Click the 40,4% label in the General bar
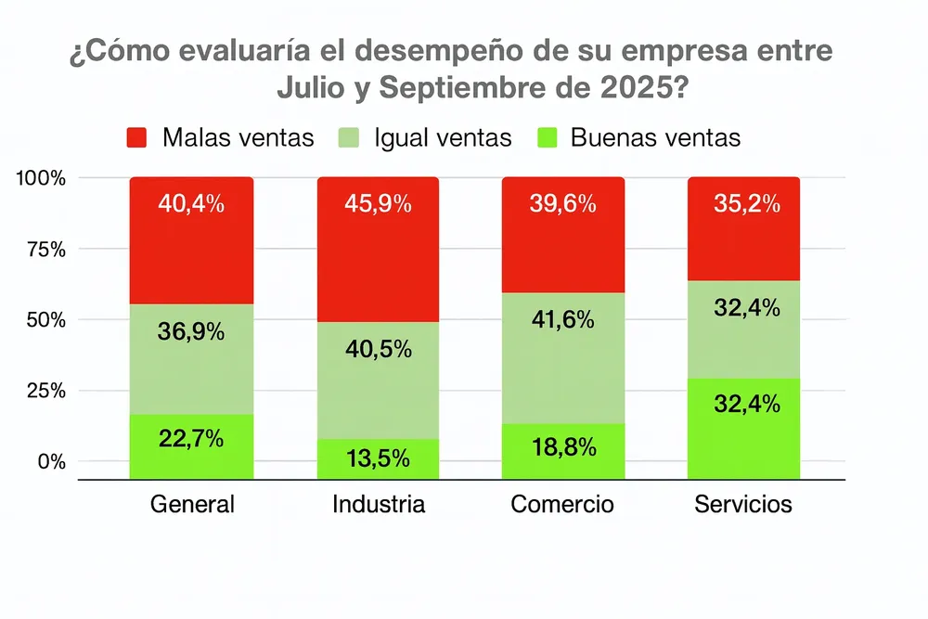point(190,203)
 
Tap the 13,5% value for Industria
point(378,458)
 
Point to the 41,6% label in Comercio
point(562,320)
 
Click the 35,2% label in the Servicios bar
point(747,203)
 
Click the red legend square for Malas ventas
point(137,139)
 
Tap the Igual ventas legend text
point(443,138)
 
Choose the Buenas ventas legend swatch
point(548,139)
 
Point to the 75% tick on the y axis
point(45,249)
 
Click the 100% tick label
point(41,177)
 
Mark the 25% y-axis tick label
point(45,391)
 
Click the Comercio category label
point(562,504)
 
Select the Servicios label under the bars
point(743,504)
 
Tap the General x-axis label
point(192,504)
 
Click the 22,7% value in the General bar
point(190,438)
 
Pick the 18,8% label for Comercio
point(562,447)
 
